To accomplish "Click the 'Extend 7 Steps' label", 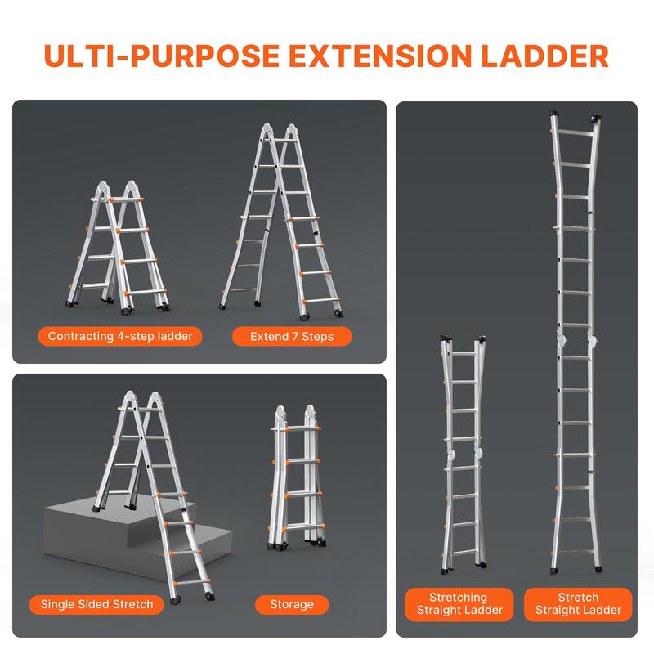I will pos(281,336).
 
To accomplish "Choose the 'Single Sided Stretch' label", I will pos(97,604).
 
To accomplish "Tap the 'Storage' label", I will pos(292,604).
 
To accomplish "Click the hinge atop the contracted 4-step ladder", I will pos(120,190).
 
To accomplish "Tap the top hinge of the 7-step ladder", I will pos(279,132).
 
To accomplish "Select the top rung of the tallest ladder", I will pos(578,135).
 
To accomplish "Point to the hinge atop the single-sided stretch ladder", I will pos(140,401).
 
